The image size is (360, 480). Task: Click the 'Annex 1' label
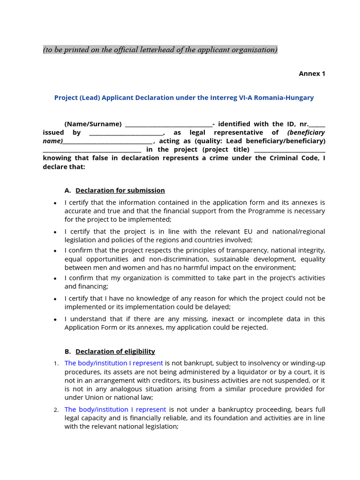(312, 74)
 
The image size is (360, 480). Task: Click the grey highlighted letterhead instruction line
(160, 50)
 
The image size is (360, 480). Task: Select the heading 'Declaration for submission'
(120, 190)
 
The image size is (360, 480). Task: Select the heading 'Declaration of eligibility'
(115, 351)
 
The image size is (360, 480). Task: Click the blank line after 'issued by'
(126, 133)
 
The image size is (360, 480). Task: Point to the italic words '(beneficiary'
(306, 133)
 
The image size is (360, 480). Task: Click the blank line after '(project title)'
(289, 150)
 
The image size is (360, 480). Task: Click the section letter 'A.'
(68, 190)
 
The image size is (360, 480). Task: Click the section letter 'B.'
(68, 351)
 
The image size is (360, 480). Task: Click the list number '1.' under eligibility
(55, 363)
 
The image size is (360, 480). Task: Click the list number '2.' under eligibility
(55, 410)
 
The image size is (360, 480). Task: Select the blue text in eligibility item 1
(113, 363)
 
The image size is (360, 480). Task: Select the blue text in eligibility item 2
(115, 409)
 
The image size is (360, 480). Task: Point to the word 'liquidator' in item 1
(244, 372)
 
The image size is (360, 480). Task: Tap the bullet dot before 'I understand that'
(55, 320)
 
